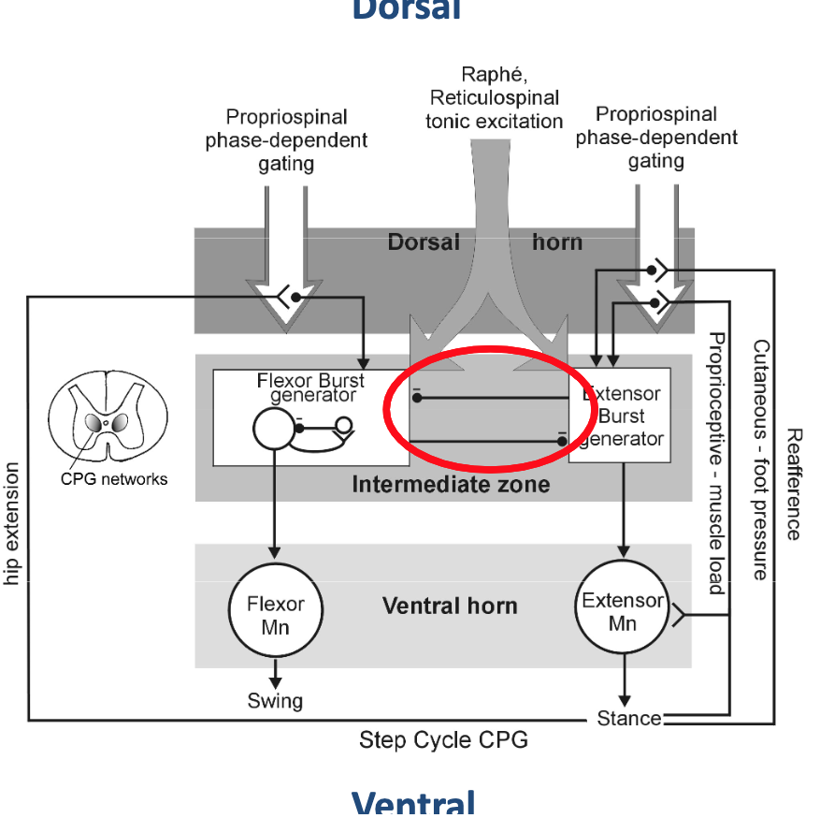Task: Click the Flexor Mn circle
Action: tap(275, 615)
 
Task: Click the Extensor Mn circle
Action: tap(622, 610)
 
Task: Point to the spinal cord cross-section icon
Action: tap(106, 421)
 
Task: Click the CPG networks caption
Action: tap(121, 479)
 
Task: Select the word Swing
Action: tap(275, 700)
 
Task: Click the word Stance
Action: tap(629, 719)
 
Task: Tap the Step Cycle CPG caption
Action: tap(443, 740)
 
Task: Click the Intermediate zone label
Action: tap(451, 484)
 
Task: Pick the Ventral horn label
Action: tap(450, 606)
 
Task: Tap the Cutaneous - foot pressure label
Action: tap(760, 459)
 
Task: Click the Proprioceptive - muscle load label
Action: tap(716, 462)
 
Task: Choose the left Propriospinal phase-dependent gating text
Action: tap(286, 140)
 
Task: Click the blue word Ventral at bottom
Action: tap(413, 803)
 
